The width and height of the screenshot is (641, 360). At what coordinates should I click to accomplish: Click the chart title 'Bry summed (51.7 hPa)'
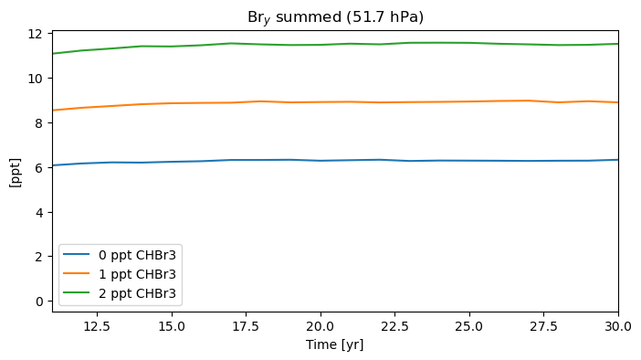coord(335,17)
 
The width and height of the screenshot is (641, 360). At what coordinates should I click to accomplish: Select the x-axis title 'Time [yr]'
coord(335,344)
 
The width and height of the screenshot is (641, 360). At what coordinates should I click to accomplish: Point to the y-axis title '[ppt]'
coord(16,173)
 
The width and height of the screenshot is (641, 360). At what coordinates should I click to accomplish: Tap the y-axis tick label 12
coord(35,34)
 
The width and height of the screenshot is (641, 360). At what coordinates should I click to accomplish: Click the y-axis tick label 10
coord(35,79)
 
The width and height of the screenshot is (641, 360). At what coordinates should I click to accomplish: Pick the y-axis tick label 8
coord(38,123)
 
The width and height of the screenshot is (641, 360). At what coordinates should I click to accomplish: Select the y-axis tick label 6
coord(38,168)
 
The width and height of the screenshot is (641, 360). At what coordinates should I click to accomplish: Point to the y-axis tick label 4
coord(38,213)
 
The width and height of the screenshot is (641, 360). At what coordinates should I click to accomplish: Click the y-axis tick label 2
coord(38,257)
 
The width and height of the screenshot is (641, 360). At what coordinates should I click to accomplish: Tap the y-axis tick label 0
coord(38,302)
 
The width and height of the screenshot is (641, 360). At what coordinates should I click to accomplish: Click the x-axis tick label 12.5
coord(97,326)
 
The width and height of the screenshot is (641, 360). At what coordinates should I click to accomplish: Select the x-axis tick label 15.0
coord(172,326)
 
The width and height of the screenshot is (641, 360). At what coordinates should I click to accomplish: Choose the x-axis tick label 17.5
coord(247,326)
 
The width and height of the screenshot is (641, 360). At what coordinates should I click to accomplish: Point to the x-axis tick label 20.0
coord(320,326)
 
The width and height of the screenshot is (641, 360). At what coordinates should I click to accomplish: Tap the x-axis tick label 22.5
coord(394,326)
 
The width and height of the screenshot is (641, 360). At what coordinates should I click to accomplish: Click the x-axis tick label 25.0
coord(469,326)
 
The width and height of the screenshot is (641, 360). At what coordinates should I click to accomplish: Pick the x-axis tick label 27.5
coord(543,326)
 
